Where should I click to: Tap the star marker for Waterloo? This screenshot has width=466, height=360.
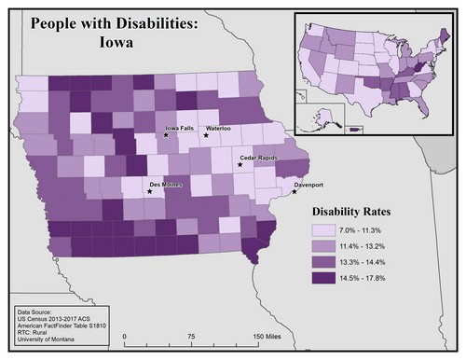click(207, 136)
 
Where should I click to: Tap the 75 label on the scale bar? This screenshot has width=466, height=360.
click(191, 334)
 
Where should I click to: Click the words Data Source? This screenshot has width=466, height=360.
click(38, 308)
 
